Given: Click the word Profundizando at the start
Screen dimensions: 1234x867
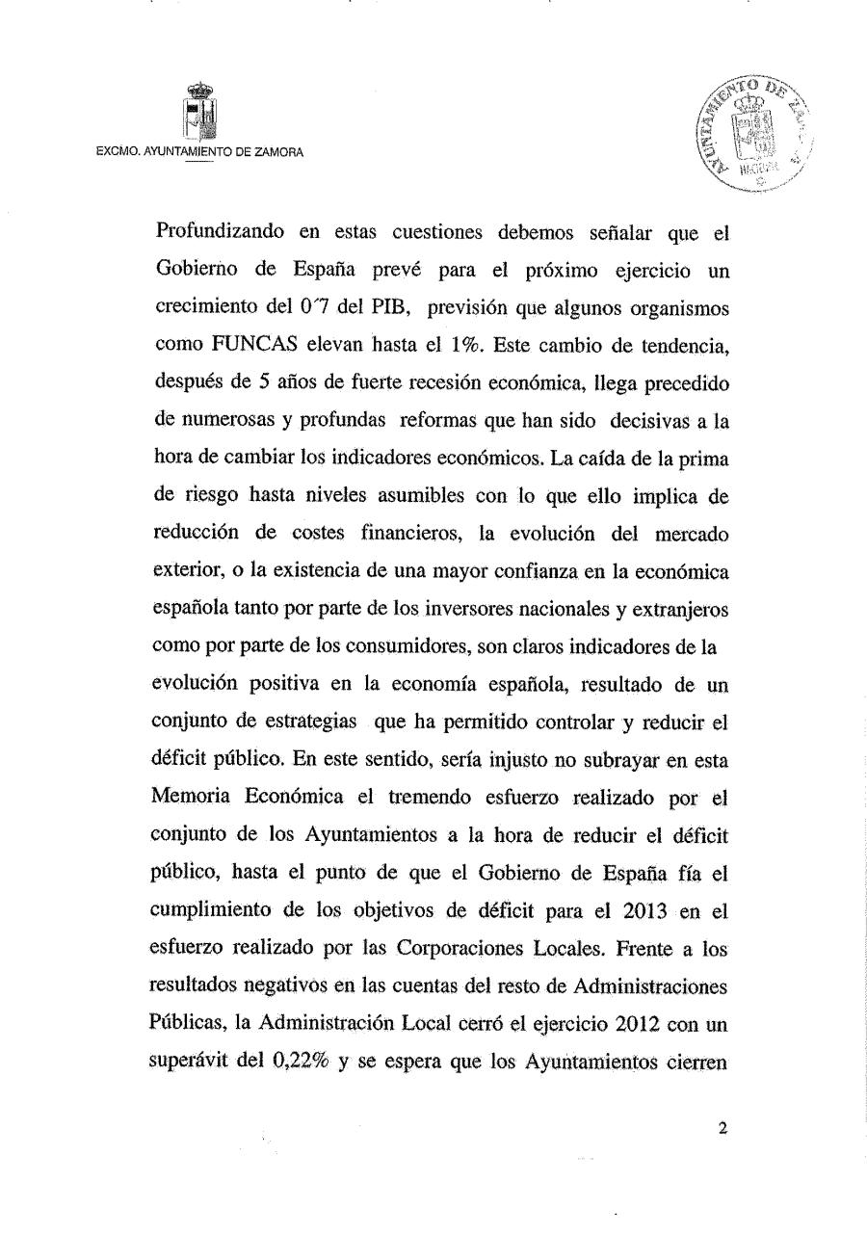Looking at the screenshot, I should tap(215, 233).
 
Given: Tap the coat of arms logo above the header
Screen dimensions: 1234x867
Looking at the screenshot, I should tap(199, 113).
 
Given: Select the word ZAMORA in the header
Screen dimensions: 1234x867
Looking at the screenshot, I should tap(277, 152).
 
